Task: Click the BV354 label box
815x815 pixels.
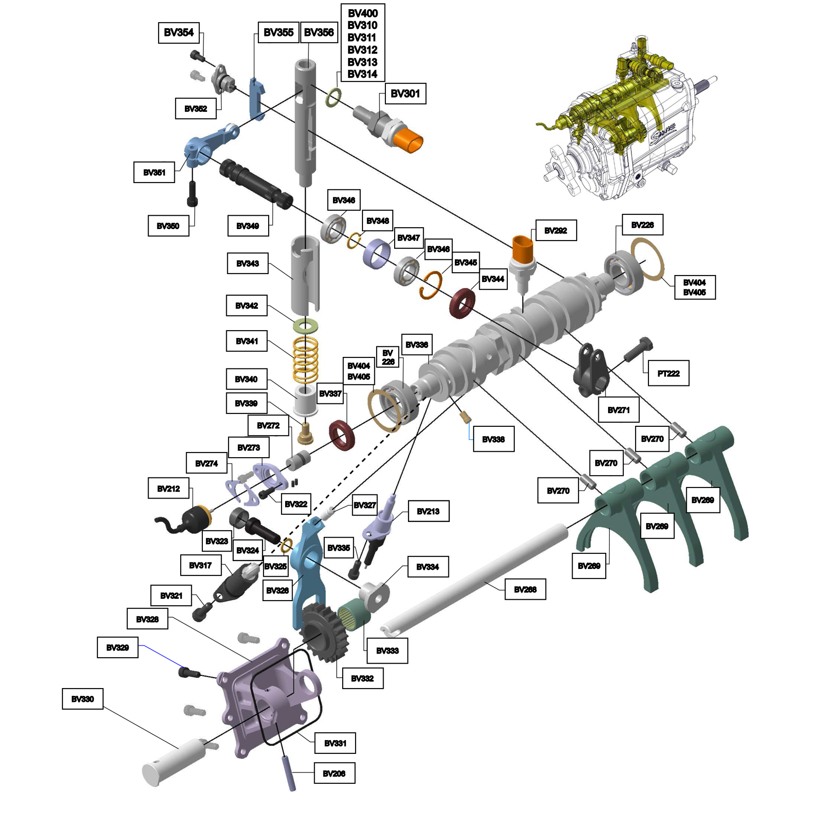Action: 179,33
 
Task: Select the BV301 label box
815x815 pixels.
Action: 405,93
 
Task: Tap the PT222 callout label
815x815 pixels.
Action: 668,373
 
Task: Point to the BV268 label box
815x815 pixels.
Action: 525,589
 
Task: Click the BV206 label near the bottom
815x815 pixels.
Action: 334,773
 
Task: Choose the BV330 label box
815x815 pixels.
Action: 83,699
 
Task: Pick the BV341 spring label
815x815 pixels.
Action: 247,341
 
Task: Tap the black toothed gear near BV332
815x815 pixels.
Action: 324,632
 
